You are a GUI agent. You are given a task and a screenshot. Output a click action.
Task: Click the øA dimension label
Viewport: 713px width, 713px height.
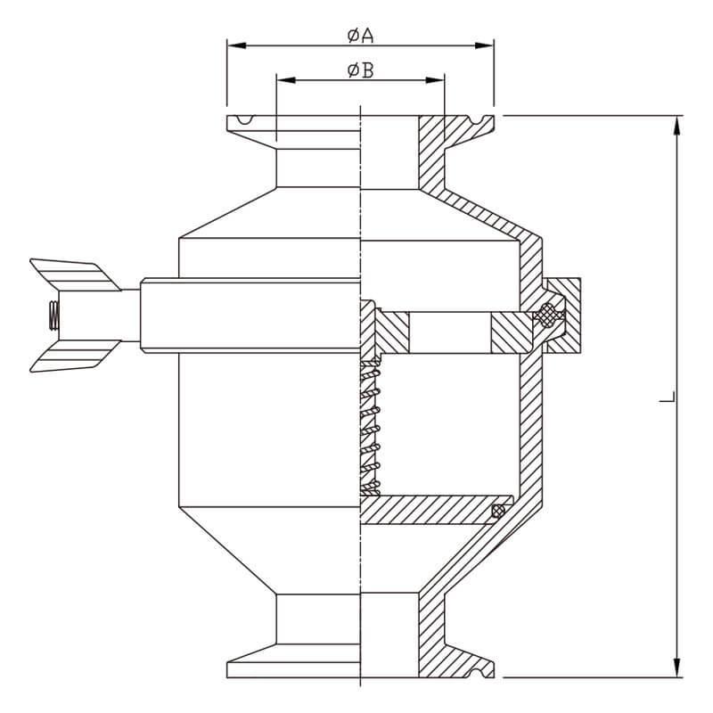[360, 36]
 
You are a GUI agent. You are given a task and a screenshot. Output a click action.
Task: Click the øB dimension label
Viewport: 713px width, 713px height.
[360, 70]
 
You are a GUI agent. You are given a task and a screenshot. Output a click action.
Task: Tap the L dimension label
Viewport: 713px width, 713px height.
[668, 396]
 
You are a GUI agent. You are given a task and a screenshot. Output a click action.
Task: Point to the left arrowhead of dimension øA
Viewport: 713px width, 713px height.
[236, 45]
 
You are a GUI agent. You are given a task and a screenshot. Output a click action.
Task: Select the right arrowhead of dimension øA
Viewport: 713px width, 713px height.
[484, 45]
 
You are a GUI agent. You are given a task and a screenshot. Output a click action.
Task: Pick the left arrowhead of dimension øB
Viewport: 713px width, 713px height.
[286, 80]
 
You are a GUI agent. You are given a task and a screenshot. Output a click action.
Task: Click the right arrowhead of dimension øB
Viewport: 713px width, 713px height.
[435, 80]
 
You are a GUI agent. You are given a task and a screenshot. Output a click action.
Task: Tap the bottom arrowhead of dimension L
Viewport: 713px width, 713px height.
[677, 668]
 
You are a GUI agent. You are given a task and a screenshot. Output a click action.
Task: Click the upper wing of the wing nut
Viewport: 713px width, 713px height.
[75, 275]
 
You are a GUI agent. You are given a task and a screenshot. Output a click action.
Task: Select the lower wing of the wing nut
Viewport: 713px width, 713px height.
[75, 356]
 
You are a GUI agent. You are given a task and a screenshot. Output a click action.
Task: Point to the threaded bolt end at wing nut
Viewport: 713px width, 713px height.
[53, 316]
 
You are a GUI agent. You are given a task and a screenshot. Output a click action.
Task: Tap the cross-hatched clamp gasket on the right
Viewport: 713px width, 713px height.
[549, 315]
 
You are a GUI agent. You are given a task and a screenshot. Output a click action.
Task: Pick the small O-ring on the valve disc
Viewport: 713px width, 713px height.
[498, 512]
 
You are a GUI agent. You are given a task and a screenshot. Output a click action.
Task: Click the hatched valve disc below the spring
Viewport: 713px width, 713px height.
[436, 510]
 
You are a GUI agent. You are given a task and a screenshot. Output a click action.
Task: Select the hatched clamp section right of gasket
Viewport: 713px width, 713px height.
[564, 316]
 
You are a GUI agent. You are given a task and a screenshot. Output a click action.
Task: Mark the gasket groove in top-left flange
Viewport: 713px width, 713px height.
[245, 119]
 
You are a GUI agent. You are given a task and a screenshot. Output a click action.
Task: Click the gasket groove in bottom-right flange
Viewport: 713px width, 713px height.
[478, 673]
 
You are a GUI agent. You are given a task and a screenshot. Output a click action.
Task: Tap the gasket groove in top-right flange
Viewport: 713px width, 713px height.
[478, 120]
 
